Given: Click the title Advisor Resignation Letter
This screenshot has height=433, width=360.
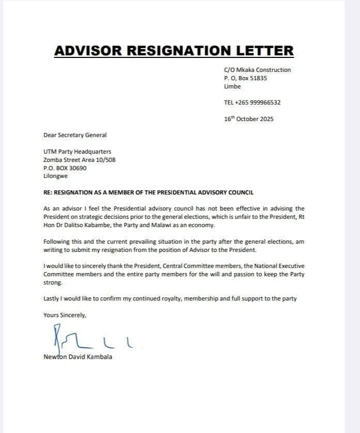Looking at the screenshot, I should (x=174, y=51).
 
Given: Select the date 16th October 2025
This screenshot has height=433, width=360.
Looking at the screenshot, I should (x=249, y=118).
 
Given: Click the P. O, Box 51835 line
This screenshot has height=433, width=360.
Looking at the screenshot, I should (x=245, y=78).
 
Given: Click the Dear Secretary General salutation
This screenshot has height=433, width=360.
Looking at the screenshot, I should (x=75, y=135).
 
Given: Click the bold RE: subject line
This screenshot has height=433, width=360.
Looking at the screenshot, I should (x=148, y=192).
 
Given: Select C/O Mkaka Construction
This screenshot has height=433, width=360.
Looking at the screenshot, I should (x=257, y=70).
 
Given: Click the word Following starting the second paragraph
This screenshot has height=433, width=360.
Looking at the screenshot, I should (x=58, y=242).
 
